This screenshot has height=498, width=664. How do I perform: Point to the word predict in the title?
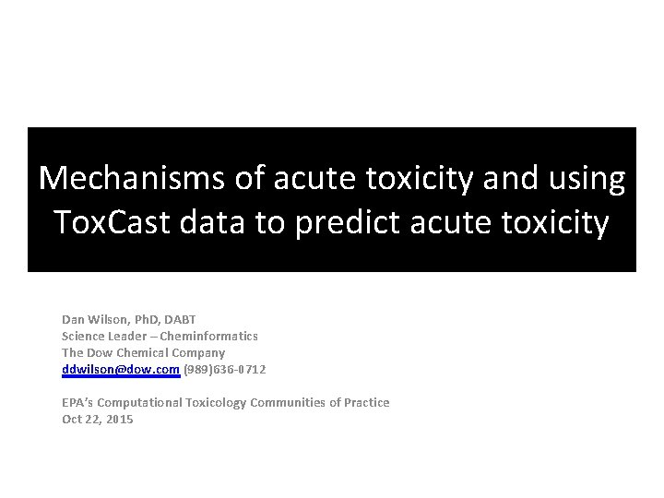point(343,222)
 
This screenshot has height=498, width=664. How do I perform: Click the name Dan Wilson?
point(94,319)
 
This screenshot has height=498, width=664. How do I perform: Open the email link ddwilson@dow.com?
point(120,369)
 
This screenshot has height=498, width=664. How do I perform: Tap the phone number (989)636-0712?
point(224,369)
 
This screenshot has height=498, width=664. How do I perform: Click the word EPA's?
point(77,402)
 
